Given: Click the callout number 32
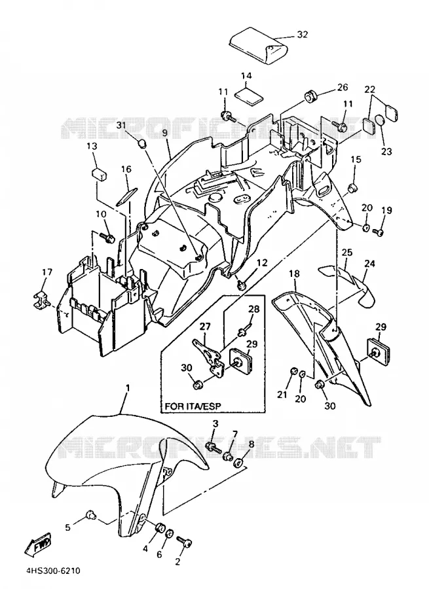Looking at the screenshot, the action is click(303, 35).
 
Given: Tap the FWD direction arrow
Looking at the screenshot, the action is click(38, 544).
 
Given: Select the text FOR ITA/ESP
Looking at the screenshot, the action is click(193, 406).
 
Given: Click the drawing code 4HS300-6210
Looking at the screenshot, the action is click(53, 571).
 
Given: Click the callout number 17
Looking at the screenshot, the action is click(47, 272).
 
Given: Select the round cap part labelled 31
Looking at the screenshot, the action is click(141, 143).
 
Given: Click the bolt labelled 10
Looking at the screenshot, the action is click(107, 237).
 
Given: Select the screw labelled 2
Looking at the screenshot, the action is click(183, 543).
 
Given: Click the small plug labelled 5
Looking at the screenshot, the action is click(90, 516).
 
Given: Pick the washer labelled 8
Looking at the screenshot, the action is click(238, 463).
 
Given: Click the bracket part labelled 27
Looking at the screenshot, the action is click(207, 355).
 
